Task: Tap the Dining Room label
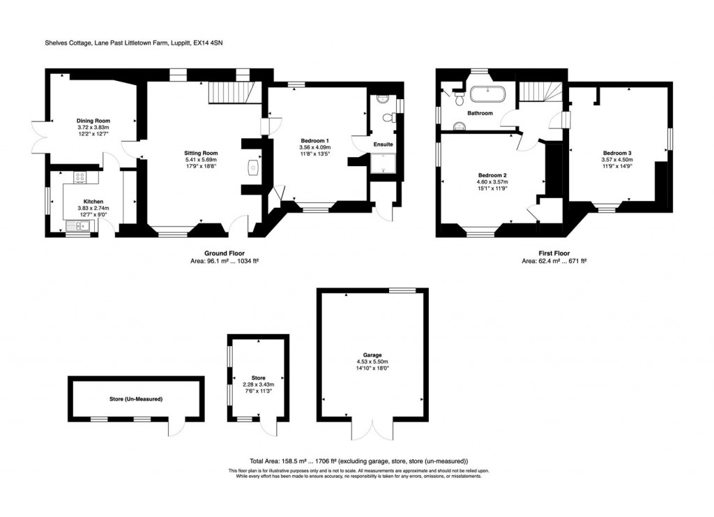point(93,121)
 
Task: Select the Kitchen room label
point(84,200)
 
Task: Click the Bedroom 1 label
point(314,140)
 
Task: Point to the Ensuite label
point(383,144)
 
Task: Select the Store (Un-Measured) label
point(136,400)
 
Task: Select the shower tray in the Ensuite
point(383,164)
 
